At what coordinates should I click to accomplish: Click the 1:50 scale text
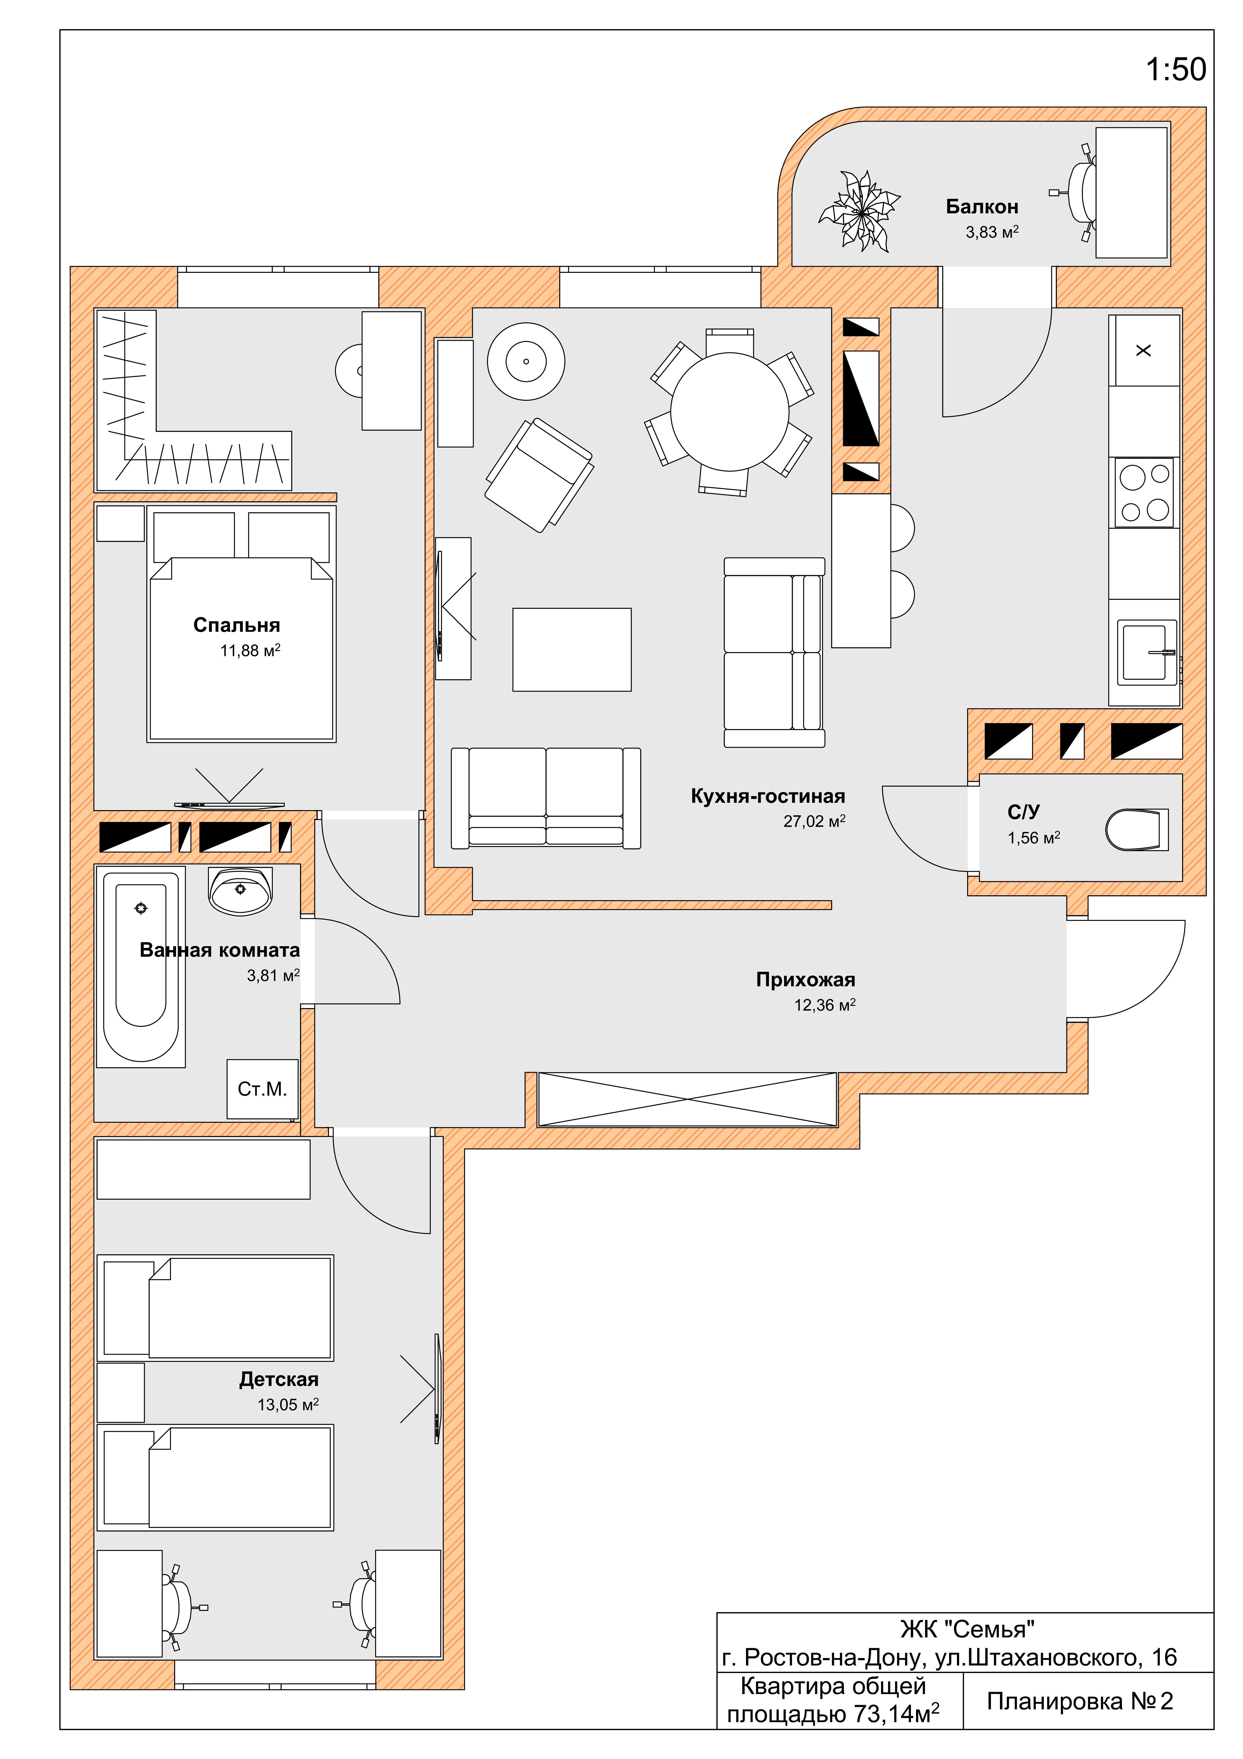tap(1176, 70)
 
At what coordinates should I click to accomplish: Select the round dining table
tap(730, 412)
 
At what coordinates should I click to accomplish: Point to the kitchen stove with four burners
tap(1144, 493)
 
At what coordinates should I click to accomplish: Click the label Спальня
tap(237, 625)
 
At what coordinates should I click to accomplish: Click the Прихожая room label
tap(806, 980)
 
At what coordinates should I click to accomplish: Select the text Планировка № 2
tap(1080, 1702)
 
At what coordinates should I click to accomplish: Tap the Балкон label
tap(982, 207)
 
